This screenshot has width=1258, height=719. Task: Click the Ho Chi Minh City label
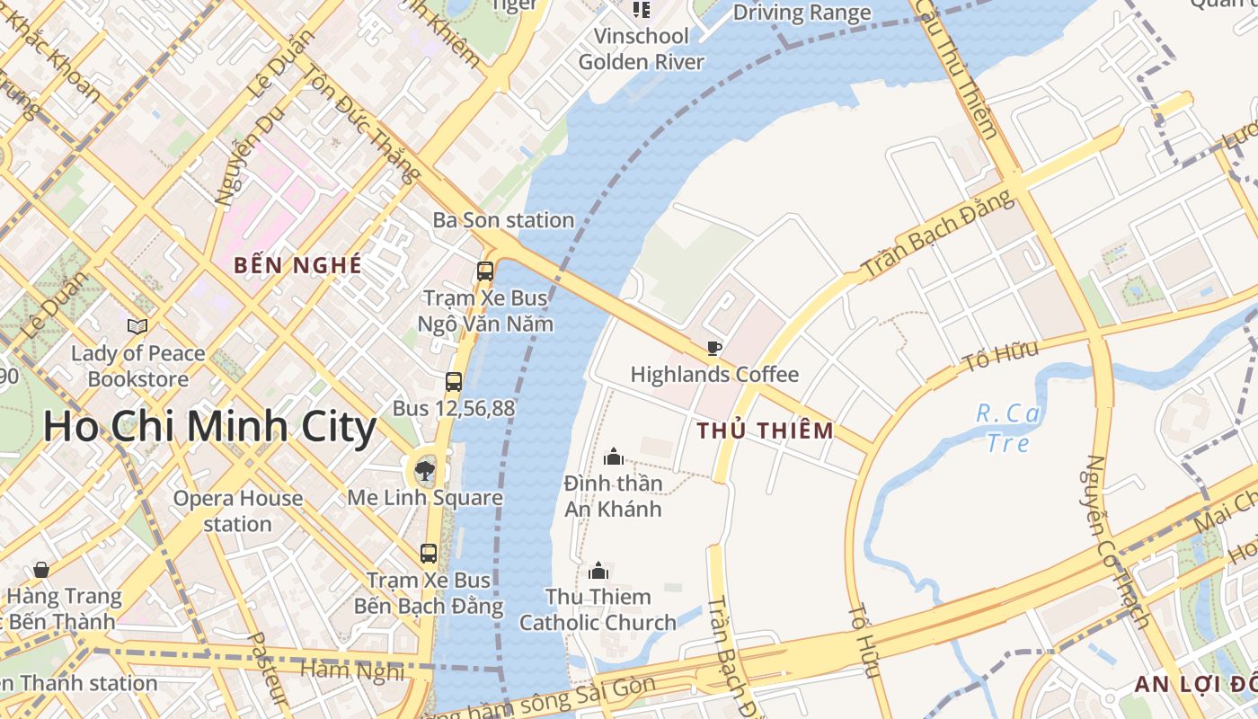[x=208, y=426]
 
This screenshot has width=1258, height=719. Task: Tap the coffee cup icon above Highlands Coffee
[x=714, y=349]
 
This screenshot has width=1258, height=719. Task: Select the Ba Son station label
[x=503, y=220]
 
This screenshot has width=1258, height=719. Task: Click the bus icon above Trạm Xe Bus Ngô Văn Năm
[x=485, y=271]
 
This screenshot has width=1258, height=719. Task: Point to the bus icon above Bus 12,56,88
[x=454, y=382]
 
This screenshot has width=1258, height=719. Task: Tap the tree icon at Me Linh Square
[x=425, y=469]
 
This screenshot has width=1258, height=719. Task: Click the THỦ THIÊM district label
[x=766, y=431]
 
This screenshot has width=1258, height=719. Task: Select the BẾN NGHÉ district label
[x=298, y=266]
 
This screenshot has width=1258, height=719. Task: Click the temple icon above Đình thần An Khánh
[x=614, y=457]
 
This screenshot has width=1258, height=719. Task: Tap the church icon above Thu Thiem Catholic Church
[x=598, y=571]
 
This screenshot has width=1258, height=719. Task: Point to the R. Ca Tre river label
[x=1008, y=428]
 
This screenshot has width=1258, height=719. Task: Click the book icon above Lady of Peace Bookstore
[x=137, y=326]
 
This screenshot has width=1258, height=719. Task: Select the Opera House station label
[x=237, y=510]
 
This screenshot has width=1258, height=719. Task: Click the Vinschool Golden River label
[x=641, y=49]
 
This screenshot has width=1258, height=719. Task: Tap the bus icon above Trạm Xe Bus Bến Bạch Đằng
[x=429, y=554]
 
